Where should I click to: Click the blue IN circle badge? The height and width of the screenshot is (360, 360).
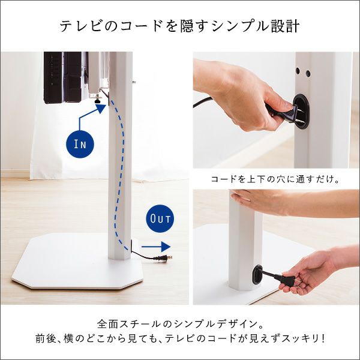(x=80, y=144)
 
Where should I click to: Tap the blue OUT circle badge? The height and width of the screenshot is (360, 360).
(x=160, y=218)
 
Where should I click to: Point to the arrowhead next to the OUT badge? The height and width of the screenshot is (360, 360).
(x=166, y=247)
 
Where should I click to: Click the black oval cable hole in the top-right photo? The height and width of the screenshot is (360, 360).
(x=301, y=110)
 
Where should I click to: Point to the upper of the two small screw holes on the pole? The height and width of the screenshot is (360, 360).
(x=298, y=71)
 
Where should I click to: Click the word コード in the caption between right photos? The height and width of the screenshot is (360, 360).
(x=223, y=179)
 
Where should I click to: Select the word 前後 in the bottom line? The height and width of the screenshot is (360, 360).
(x=44, y=338)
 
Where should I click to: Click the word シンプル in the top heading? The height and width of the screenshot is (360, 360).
(x=239, y=26)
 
